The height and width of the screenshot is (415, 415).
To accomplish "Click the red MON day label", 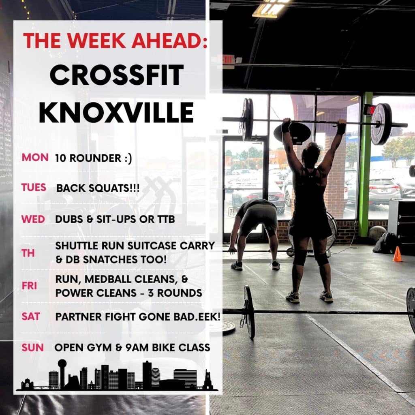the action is pos(35,158).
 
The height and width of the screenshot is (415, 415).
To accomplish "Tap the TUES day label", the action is pos(34,187).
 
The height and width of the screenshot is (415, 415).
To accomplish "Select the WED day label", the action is pos(33,219).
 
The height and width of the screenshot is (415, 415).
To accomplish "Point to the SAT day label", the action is pos(31,317).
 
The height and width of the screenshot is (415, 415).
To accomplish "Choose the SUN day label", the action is pos(32,347).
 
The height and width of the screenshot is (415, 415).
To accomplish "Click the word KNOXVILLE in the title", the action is pos(116,113).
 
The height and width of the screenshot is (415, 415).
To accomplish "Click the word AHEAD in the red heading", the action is pos(169,41).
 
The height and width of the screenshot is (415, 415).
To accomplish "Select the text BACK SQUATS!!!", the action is pos(98,188).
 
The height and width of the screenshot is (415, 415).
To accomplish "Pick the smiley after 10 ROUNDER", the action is pos(128,158).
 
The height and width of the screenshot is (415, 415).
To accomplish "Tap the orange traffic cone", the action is pos(397,254).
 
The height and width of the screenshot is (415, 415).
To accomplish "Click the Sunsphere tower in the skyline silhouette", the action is pos(62,374).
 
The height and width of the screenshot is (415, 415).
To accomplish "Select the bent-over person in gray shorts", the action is pos(254,233).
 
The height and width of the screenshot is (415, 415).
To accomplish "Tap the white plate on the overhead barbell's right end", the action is pos(381,124).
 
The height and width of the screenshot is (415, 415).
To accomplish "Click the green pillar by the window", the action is pos(365,164).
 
